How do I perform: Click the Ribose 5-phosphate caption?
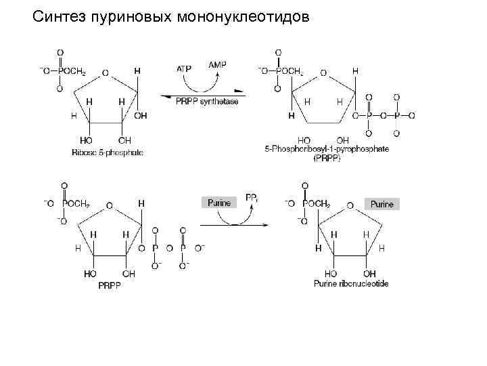coord(108,152)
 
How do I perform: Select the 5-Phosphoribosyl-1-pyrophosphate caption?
coord(327,149)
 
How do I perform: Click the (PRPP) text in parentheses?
coord(327,158)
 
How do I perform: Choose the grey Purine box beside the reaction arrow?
coord(218,202)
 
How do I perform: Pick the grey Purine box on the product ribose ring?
coord(381,203)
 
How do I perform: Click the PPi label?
coord(251,198)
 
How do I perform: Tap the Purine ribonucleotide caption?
coord(351,283)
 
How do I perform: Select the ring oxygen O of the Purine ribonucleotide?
coord(350,203)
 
